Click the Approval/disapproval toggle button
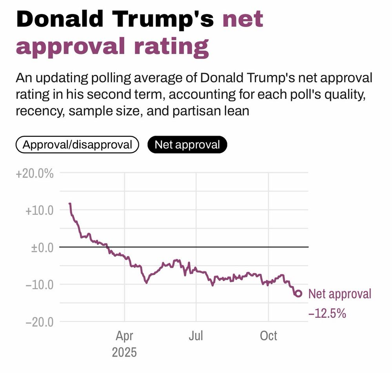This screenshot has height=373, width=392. pyautogui.click(x=77, y=145)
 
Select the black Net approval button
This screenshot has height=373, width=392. pyautogui.click(x=187, y=145)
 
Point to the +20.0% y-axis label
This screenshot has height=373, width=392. pyautogui.click(x=34, y=173)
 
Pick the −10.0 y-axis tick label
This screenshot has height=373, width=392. pyautogui.click(x=40, y=284)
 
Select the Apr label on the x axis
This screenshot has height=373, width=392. pyautogui.click(x=124, y=336)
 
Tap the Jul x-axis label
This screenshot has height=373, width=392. pyautogui.click(x=196, y=336)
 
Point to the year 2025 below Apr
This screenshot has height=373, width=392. pyautogui.click(x=124, y=352)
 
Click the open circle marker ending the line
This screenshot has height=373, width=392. pyautogui.click(x=298, y=293)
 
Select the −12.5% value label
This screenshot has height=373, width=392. pyautogui.click(x=327, y=313)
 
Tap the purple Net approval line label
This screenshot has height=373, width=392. pyautogui.click(x=339, y=294)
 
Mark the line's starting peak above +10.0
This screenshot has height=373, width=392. pyautogui.click(x=70, y=204)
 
